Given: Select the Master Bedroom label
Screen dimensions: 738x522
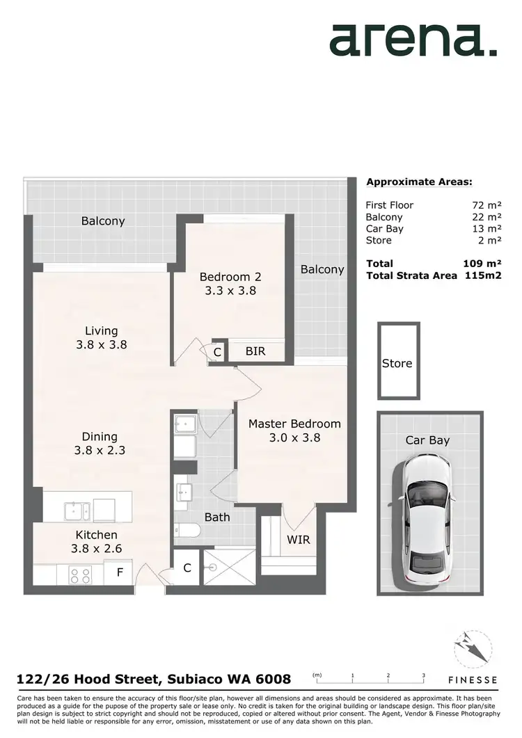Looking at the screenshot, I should click(x=294, y=431).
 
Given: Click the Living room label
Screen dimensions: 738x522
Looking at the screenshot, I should click(x=102, y=337).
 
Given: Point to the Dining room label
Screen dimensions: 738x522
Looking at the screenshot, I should click(x=100, y=443).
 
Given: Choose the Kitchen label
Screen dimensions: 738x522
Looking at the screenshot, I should click(x=97, y=542).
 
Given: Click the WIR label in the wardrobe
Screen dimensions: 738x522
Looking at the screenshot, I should click(x=298, y=540).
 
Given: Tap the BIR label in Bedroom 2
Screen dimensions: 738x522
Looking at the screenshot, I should click(x=255, y=352).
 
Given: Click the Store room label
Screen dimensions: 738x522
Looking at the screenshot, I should click(x=397, y=363).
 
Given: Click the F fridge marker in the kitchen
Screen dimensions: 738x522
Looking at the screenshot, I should click(x=120, y=575).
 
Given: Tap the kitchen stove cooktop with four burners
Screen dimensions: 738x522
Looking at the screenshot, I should click(x=81, y=575).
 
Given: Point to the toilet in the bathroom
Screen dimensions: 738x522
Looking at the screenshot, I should click(x=187, y=531).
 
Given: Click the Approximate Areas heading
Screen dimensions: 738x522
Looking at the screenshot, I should click(x=419, y=182).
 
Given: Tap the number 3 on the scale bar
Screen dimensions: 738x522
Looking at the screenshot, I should click(x=423, y=675).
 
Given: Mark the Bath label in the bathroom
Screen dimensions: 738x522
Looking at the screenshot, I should click(x=217, y=518).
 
